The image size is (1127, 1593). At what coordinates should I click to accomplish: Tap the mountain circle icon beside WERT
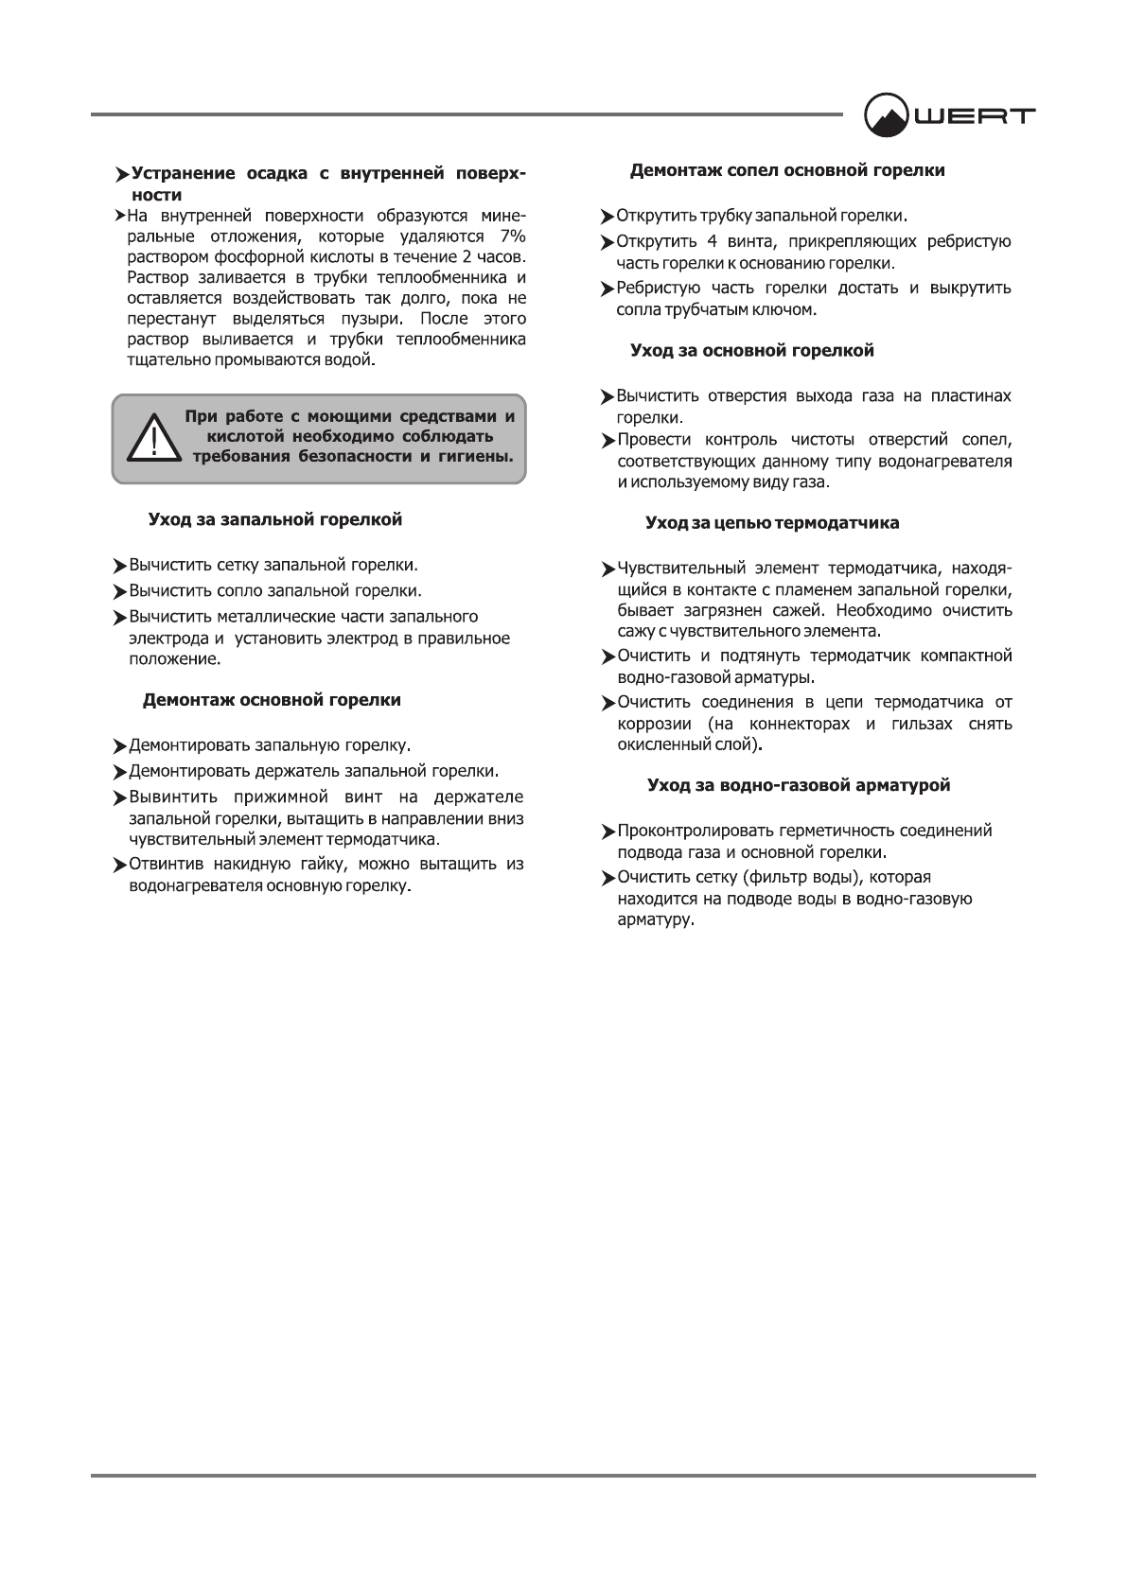[887, 115]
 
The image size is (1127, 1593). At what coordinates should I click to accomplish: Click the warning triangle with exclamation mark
[150, 438]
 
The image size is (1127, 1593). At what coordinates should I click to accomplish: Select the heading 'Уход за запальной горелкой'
[275, 520]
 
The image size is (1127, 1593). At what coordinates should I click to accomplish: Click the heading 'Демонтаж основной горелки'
[272, 701]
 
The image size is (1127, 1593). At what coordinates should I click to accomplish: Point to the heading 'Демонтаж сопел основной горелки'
[787, 171]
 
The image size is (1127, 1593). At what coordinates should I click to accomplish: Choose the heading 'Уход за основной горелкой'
[752, 351]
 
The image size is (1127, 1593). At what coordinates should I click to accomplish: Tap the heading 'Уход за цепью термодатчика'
[772, 523]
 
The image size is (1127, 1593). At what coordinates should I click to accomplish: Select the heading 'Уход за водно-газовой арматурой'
[799, 786]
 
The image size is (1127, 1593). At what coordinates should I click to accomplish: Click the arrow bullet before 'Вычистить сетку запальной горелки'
[119, 567]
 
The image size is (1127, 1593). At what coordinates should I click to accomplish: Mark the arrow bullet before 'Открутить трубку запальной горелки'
[608, 218]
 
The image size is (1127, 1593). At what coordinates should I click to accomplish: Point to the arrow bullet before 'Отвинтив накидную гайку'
[119, 866]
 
